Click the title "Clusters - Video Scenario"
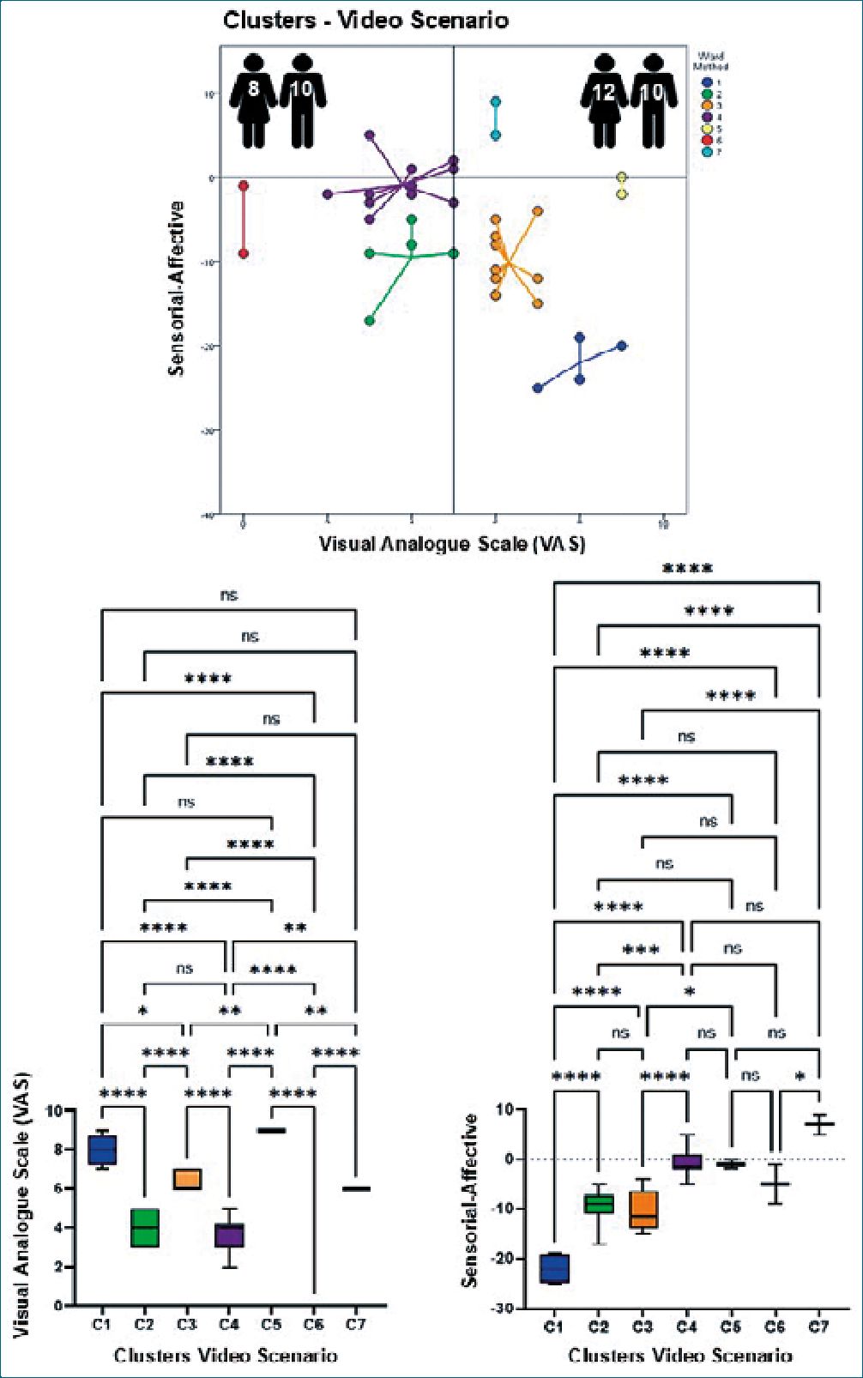pyautogui.click(x=365, y=20)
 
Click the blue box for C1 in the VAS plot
pyautogui.click(x=103, y=1149)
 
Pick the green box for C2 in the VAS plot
pyautogui.click(x=144, y=1228)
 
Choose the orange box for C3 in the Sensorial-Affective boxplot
pyautogui.click(x=643, y=1209)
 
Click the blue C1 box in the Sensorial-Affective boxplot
pyautogui.click(x=554, y=1267)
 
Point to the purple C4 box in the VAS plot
pyautogui.click(x=229, y=1235)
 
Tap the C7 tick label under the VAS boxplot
pyautogui.click(x=355, y=1324)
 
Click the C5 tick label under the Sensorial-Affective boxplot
pyautogui.click(x=730, y=1327)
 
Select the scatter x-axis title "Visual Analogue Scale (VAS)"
pyautogui.click(x=452, y=544)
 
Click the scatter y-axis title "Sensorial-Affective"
pyautogui.click(x=177, y=288)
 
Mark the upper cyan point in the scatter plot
pyautogui.click(x=495, y=102)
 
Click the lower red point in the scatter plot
pyautogui.click(x=244, y=253)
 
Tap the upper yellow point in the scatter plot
pyautogui.click(x=622, y=177)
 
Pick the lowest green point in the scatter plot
pyautogui.click(x=370, y=321)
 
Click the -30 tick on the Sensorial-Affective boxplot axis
pyautogui.click(x=504, y=1308)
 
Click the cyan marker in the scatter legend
pyautogui.click(x=707, y=152)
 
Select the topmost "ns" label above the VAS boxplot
pyautogui.click(x=228, y=595)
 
